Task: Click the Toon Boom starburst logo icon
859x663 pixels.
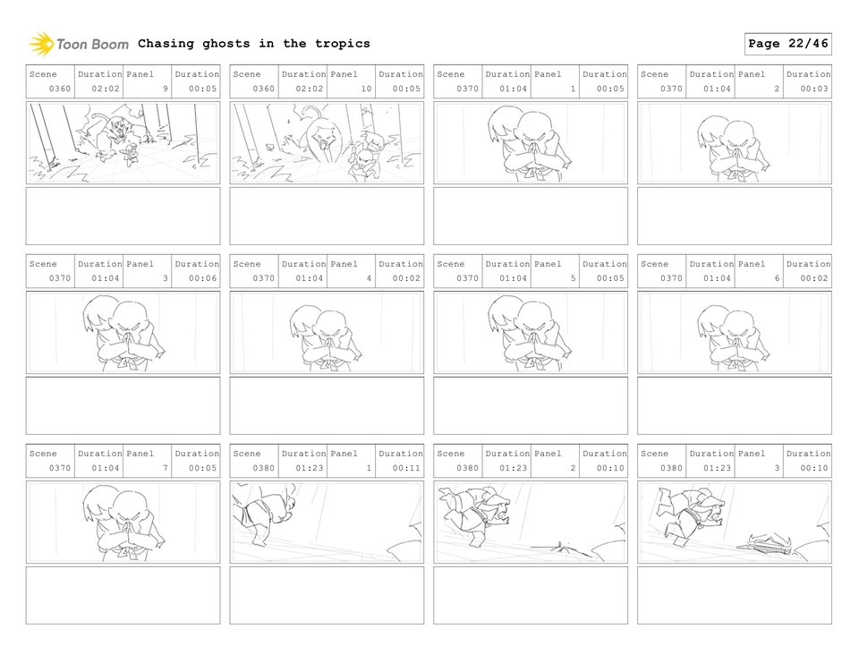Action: (x=41, y=44)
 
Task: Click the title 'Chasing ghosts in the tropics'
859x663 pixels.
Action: (x=254, y=44)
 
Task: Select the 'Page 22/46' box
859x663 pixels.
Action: (x=787, y=44)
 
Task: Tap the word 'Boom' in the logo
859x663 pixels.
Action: (x=109, y=44)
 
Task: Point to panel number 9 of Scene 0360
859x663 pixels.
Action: (x=165, y=89)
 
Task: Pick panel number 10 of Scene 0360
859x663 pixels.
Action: (x=366, y=89)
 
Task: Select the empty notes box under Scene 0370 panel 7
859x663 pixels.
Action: (x=123, y=595)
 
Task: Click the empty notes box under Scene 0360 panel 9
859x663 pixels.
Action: (x=123, y=216)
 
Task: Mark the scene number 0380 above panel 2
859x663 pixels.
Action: (x=468, y=468)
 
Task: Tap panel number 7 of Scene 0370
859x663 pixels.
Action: (x=165, y=468)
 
